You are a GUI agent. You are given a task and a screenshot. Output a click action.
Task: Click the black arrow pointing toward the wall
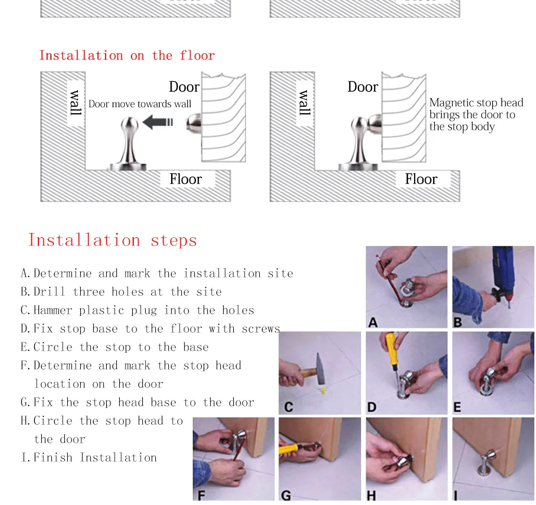point(158,122)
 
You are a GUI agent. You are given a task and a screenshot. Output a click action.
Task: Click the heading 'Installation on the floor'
point(127,55)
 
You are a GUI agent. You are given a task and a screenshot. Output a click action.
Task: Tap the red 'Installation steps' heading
point(113,240)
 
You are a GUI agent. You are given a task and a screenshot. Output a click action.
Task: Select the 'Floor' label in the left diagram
point(186,179)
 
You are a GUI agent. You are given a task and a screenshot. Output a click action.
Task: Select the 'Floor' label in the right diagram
point(421,179)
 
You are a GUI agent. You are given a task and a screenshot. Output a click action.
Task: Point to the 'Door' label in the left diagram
point(184,87)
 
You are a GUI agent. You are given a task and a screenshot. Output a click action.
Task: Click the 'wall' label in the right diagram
point(305,102)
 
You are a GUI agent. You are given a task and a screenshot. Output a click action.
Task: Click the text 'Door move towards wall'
point(140,104)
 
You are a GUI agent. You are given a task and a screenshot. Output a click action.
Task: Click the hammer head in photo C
point(321,369)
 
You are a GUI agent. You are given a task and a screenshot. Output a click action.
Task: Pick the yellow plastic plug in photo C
point(323,390)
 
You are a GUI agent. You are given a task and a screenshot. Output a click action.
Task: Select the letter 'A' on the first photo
point(373,322)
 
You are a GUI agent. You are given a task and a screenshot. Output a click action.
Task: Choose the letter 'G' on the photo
point(286,495)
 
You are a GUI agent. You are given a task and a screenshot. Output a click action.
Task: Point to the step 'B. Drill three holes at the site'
point(121,292)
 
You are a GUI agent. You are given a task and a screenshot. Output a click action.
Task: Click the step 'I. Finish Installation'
point(89,457)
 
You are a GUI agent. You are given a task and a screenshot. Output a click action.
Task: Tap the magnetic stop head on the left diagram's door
point(194,123)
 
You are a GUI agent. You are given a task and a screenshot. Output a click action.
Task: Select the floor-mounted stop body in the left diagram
point(128,144)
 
